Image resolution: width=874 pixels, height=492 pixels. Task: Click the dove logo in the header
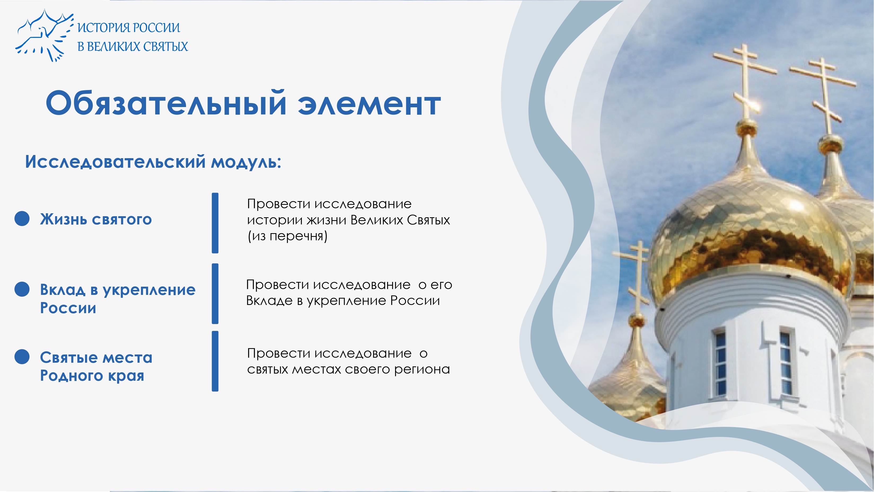click(44, 36)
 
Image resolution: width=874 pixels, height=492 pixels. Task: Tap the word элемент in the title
click(369, 105)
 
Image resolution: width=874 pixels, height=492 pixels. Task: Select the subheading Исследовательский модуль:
click(153, 162)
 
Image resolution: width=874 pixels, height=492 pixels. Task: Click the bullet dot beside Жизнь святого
click(22, 219)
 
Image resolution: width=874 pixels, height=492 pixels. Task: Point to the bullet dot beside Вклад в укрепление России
click(22, 289)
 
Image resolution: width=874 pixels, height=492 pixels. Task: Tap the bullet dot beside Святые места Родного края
click(22, 357)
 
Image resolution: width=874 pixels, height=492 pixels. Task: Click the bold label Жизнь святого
click(96, 219)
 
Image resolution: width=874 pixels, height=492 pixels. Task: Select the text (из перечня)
click(287, 236)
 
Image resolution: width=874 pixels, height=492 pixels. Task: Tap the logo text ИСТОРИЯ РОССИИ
click(129, 28)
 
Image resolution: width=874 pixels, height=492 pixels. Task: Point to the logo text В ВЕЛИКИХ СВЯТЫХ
click(133, 46)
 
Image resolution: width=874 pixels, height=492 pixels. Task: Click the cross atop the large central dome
click(745, 81)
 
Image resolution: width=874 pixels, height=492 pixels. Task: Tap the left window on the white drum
click(719, 363)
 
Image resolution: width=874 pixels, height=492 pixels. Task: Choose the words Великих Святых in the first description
click(400, 220)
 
